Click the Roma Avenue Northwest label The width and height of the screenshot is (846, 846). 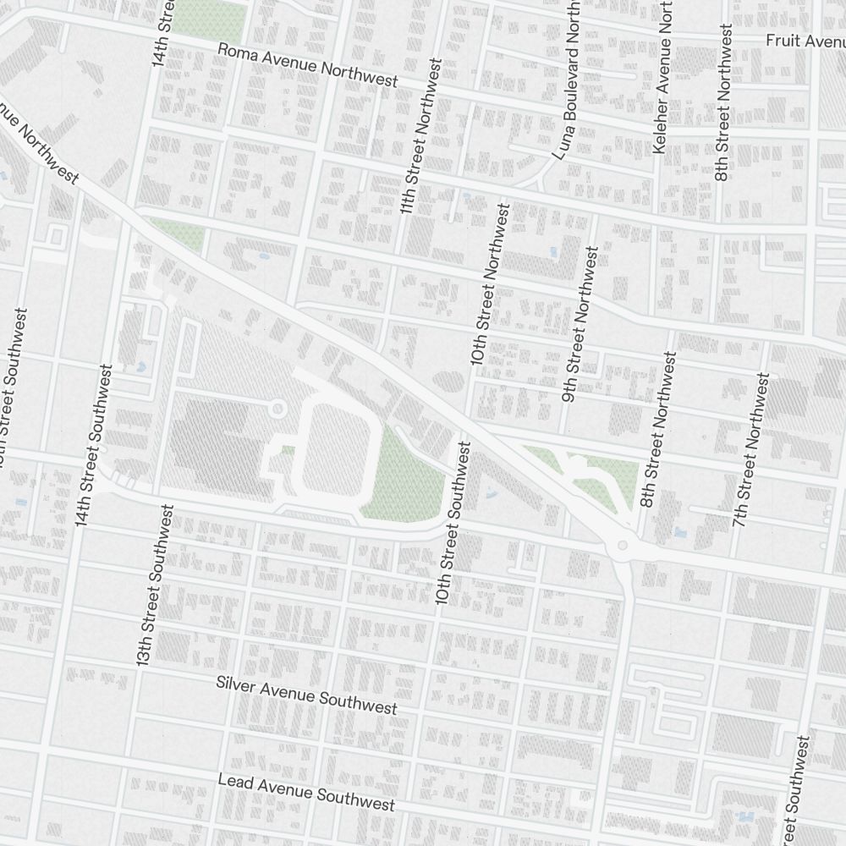coord(308,65)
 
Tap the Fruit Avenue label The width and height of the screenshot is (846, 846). coord(804,41)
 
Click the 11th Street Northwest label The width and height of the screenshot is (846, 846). coord(421,135)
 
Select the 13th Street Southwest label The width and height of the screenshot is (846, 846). coord(157,584)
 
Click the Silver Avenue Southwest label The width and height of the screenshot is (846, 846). coord(306,695)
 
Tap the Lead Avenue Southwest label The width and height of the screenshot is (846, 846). coord(306,792)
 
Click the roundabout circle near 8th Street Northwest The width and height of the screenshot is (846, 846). coord(624,546)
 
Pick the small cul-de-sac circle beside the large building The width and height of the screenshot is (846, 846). coord(277,409)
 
